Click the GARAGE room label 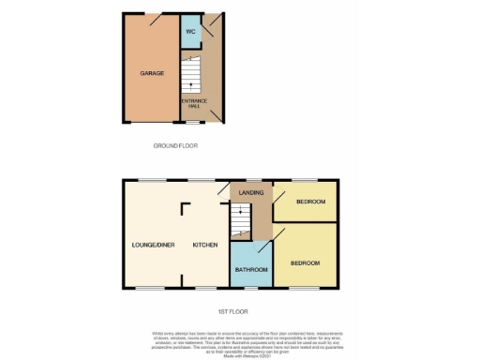[x=152, y=73]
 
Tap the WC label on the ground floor [x=190, y=33]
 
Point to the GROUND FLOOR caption [x=175, y=145]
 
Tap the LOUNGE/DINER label [x=153, y=245]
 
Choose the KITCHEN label [x=205, y=245]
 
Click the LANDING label [x=250, y=192]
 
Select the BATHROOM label [x=251, y=270]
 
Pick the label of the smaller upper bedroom [x=311, y=202]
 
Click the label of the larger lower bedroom [x=305, y=263]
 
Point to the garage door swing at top [x=153, y=18]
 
